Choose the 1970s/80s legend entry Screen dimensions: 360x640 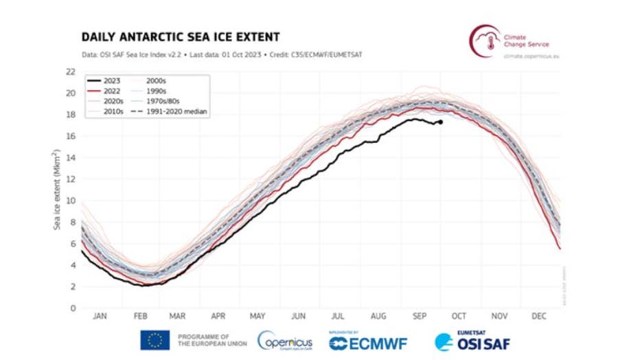coord(172,100)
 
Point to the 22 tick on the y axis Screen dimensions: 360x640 coord(69,71)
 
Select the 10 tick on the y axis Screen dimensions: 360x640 coord(69,201)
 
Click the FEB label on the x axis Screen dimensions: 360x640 coord(140,317)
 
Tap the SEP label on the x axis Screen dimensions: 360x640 coord(418,317)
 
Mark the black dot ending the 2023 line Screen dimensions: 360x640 coord(439,122)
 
